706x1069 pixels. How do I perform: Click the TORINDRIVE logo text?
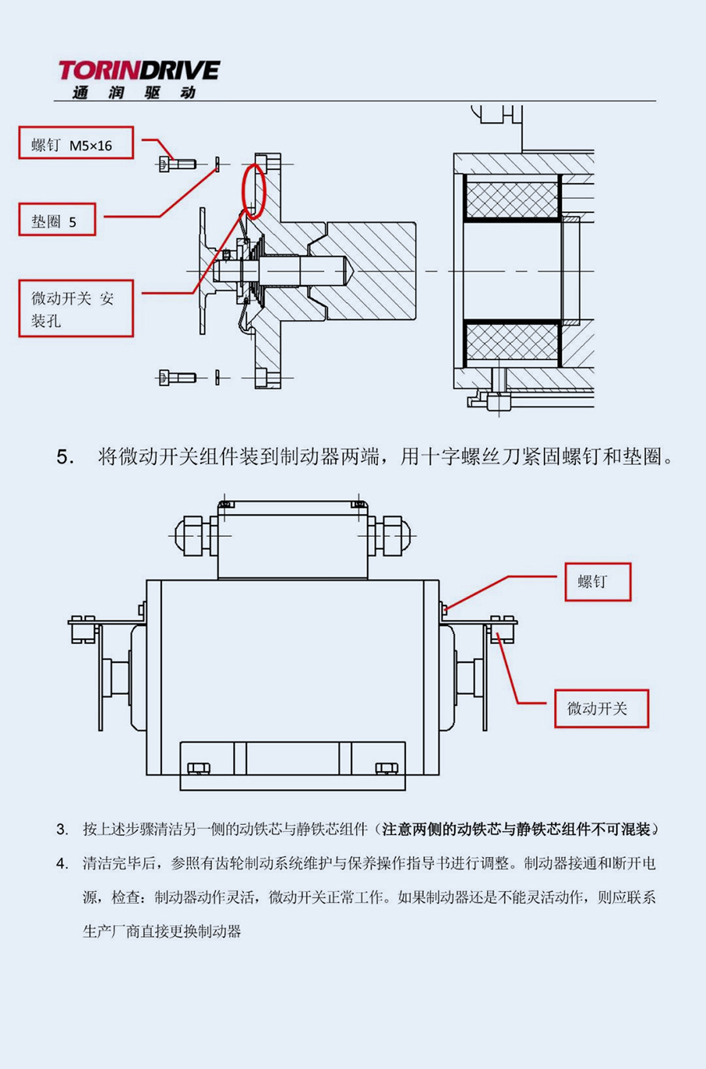coord(139,71)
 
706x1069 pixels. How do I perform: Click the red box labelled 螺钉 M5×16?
coord(76,144)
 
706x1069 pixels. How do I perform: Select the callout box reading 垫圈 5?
coord(57,221)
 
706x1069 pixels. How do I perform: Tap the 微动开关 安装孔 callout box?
coord(76,309)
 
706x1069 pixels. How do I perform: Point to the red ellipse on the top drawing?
coord(252,190)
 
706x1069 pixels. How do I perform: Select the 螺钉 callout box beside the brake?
coord(597,582)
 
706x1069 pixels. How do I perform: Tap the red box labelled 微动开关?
coord(601,709)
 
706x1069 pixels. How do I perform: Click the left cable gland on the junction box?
coord(193,535)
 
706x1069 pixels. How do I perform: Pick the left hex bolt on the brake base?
coord(198,768)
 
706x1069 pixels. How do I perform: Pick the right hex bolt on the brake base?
coord(386,768)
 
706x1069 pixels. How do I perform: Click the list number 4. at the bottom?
coord(63,864)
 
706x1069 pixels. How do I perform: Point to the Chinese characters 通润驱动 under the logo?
coord(133,92)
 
